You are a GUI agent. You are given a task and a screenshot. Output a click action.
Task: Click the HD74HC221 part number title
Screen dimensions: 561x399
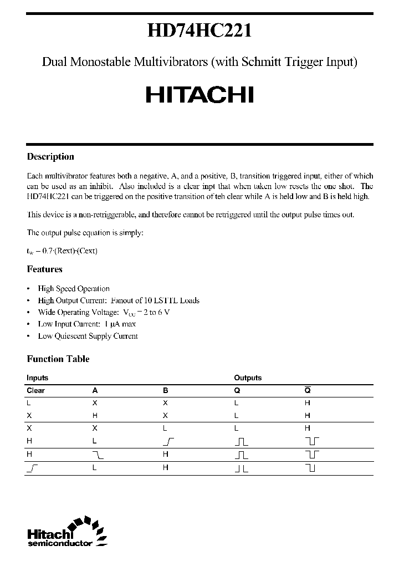pos(199,31)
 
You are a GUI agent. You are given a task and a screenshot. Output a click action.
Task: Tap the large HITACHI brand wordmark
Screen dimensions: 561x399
pos(199,95)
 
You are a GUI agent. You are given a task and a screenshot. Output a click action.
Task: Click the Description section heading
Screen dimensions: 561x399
pos(50,157)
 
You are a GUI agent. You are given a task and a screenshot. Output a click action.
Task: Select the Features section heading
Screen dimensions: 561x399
pos(45,269)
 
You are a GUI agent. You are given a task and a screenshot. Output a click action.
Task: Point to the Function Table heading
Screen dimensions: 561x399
pos(58,359)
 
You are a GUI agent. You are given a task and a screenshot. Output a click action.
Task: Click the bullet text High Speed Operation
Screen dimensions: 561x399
pos(74,289)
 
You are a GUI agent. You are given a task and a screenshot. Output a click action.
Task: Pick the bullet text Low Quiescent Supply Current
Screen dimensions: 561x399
pos(88,336)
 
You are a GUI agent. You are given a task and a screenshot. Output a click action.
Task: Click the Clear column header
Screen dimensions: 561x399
pos(36,391)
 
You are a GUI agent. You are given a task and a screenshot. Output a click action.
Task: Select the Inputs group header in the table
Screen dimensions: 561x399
pos(38,378)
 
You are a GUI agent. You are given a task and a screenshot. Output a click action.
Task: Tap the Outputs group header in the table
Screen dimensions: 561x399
pos(248,378)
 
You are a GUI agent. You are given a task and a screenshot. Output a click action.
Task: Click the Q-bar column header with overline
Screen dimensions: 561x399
pos(308,391)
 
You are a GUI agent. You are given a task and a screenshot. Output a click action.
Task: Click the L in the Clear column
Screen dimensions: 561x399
pos(29,403)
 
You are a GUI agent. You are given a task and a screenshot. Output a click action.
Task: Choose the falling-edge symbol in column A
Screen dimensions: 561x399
pos(98,454)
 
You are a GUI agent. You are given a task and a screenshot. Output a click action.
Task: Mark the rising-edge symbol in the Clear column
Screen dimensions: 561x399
pos(32,467)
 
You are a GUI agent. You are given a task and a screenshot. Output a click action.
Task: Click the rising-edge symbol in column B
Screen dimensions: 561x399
pos(168,441)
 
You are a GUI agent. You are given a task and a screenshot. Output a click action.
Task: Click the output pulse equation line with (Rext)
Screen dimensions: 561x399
pos(62,251)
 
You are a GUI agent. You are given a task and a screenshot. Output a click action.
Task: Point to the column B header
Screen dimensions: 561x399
pos(166,391)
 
